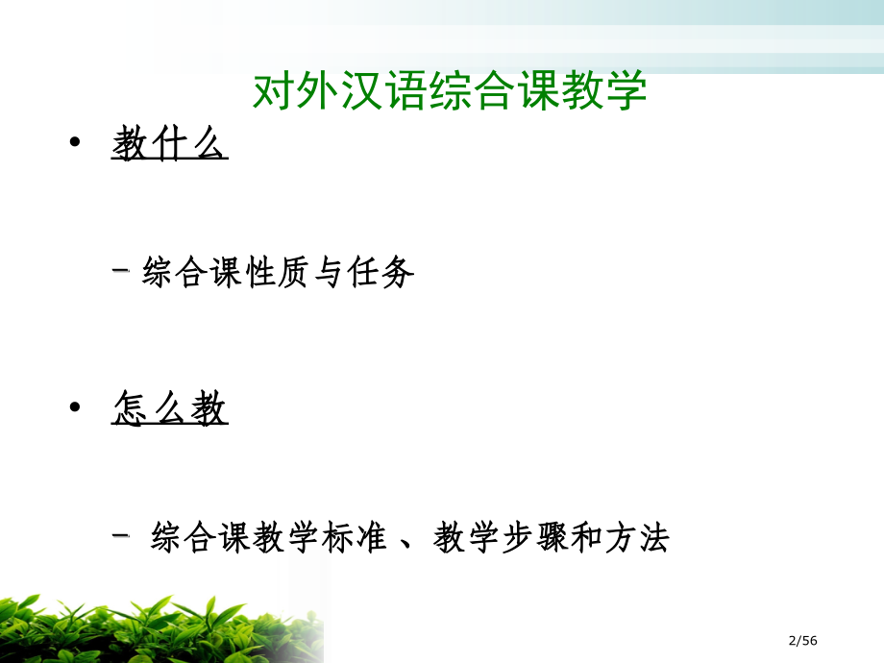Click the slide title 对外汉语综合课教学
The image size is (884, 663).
(450, 91)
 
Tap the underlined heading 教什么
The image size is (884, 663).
(169, 146)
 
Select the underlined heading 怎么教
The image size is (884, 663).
(169, 410)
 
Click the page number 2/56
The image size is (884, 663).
(801, 641)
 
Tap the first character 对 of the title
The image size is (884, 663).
(272, 91)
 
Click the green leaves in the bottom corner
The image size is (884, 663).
(144, 625)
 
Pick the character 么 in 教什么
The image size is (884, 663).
(209, 146)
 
